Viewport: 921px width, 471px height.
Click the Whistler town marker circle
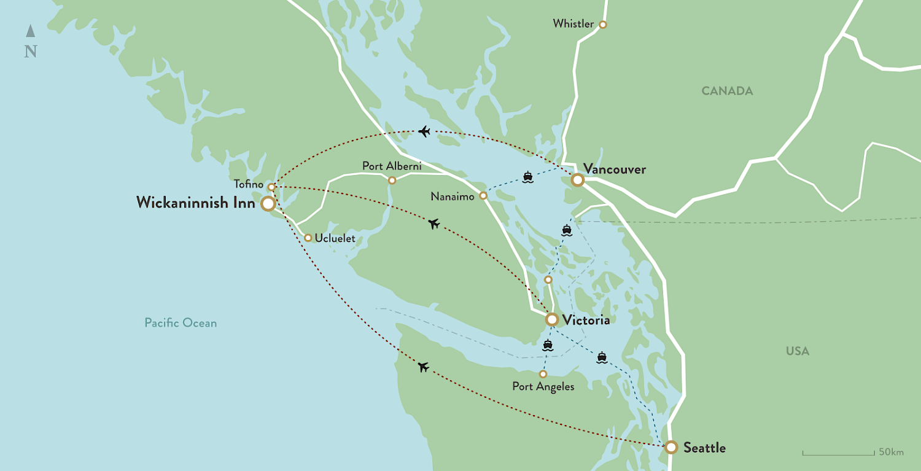[x=602, y=25]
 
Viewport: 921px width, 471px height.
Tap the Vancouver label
[x=615, y=169]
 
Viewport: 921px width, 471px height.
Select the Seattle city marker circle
[x=671, y=448]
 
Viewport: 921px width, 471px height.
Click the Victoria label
[x=586, y=320]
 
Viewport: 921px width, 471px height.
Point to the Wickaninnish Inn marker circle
[x=268, y=204]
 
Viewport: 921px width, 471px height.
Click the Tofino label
[x=248, y=184]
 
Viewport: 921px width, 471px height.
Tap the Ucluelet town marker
[x=308, y=238]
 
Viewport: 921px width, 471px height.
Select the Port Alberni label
[x=391, y=166]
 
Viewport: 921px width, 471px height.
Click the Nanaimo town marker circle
[x=483, y=196]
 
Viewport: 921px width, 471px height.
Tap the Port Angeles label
[x=543, y=387]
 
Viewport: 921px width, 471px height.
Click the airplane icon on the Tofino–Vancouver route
[x=423, y=131]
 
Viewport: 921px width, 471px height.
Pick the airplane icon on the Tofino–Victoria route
[x=434, y=224]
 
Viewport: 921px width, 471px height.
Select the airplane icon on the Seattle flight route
[x=423, y=367]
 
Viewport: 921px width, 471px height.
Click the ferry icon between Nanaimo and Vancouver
[x=528, y=177]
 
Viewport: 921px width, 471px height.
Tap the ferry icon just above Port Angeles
[x=548, y=345]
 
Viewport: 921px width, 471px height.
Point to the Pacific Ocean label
[x=181, y=322]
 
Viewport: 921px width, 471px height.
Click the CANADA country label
[x=727, y=91]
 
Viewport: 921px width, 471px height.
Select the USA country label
[x=798, y=351]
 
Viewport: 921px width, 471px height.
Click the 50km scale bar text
[x=891, y=452]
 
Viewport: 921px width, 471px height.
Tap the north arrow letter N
[x=30, y=52]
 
